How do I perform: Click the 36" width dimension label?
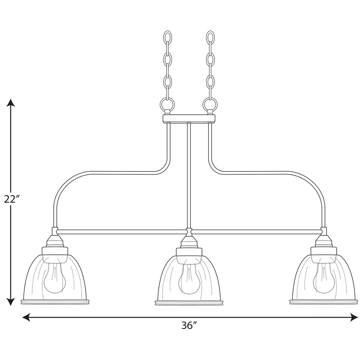pyautogui.click(x=189, y=326)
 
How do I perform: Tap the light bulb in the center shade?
pyautogui.click(x=189, y=280)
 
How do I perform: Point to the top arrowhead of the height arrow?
pyautogui.click(x=11, y=103)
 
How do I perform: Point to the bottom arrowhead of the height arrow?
pyautogui.click(x=11, y=301)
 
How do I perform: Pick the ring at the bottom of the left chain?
pyautogui.click(x=167, y=104)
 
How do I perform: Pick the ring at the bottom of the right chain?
pyautogui.click(x=210, y=104)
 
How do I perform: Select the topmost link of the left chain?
pyautogui.click(x=168, y=37)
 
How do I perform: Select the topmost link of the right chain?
pyautogui.click(x=210, y=37)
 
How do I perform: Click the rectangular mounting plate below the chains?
pyautogui.click(x=189, y=118)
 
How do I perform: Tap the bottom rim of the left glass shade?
pyautogui.click(x=55, y=302)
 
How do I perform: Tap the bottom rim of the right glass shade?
pyautogui.click(x=323, y=302)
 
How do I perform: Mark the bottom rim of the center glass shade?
pyautogui.click(x=189, y=302)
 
